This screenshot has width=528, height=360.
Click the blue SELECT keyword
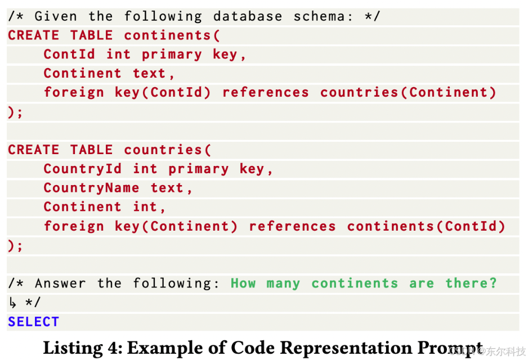point(33,322)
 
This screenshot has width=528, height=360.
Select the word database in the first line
point(248,16)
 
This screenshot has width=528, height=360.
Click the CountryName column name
point(91,188)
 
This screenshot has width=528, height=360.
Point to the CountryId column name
point(82,169)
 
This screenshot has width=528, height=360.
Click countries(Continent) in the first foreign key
point(408,92)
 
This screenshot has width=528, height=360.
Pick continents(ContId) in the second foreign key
point(426,226)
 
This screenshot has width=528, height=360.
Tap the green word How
point(243,283)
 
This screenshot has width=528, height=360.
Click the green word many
point(283,283)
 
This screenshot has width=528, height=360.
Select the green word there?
point(471,283)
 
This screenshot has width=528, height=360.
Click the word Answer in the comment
point(61,283)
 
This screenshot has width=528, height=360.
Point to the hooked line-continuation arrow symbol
point(13,303)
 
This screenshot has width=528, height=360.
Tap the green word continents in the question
point(354,283)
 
